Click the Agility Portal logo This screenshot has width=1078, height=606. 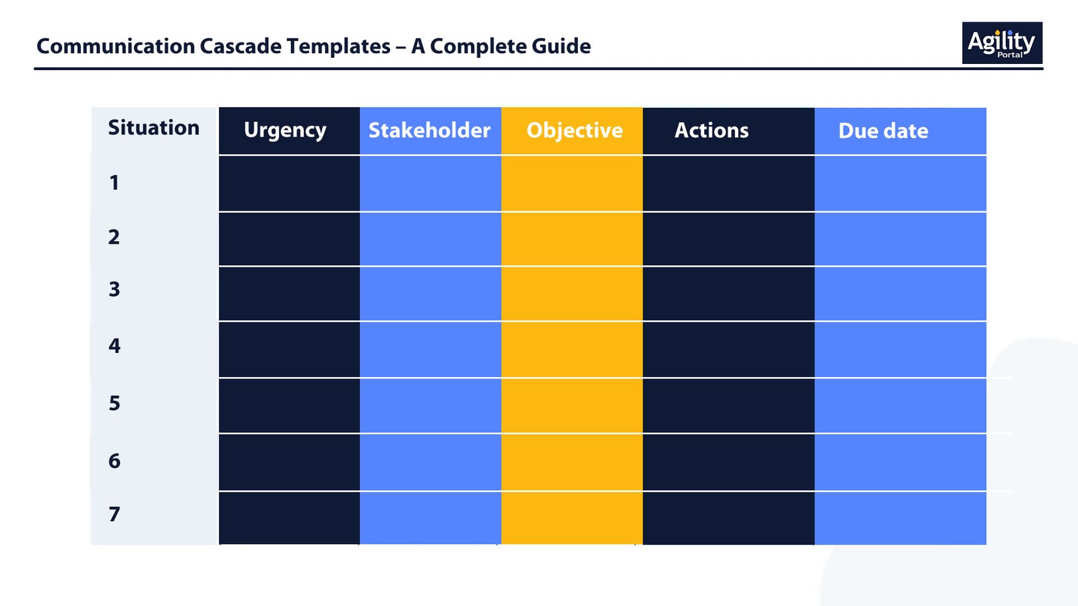pos(1002,43)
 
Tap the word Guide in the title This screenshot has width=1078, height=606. pos(561,46)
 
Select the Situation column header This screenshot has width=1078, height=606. pos(154,128)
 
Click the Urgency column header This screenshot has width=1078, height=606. pos(285,131)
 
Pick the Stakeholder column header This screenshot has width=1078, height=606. pos(429,131)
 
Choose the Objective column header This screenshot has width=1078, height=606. pos(575,131)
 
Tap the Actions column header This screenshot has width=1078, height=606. pos(711,131)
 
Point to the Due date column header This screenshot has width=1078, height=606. pos(883,131)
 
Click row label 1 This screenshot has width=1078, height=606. pos(114,182)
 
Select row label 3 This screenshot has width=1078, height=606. pos(114,290)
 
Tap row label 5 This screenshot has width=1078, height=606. pos(114,403)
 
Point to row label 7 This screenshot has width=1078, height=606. pos(114,514)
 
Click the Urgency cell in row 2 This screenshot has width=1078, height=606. pos(289,239)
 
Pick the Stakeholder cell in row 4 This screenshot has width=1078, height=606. pos(431,349)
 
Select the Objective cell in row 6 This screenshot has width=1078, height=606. pos(572,462)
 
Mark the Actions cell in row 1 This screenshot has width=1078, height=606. pos(728,184)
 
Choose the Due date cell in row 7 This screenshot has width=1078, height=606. pos(900,518)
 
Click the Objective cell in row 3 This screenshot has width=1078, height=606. pos(572,294)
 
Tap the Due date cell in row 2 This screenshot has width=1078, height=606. pos(900,239)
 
